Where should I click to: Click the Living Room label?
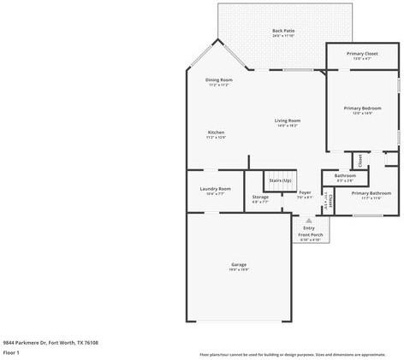287,122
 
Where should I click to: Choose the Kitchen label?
217,134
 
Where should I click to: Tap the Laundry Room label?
215,190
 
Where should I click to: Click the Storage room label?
260,198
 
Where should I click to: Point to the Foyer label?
304,195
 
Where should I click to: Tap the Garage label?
239,266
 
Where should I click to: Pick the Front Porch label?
310,236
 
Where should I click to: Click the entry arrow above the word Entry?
309,220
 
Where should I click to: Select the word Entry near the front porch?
309,227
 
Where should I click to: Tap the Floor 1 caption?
12,352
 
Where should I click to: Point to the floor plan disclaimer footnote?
293,354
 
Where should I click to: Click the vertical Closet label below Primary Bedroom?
360,160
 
